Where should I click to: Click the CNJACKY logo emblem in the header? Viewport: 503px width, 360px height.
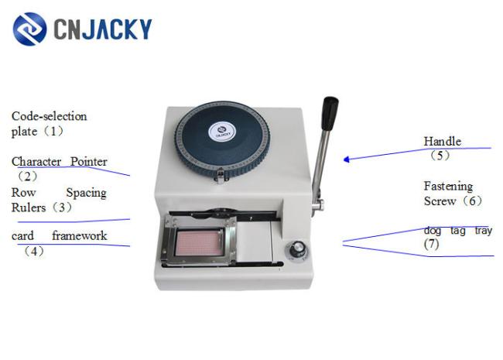pos(29,29)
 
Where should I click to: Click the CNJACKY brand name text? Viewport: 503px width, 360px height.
pos(103,29)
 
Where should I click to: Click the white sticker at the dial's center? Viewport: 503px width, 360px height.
pos(222,131)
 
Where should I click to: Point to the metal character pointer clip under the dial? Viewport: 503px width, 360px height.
pos(221,177)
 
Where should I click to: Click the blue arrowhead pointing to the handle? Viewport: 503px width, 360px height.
pos(347,159)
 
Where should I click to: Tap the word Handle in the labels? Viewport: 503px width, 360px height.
pos(443,141)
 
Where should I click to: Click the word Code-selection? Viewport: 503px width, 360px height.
pos(49,116)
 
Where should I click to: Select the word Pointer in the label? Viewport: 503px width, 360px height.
pos(88,161)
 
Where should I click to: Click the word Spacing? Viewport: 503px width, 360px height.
pos(87,193)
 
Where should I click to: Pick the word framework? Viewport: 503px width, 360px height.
pos(79,236)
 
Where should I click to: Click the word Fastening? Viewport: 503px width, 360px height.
pos(448,187)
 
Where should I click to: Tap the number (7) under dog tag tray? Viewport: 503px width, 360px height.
pos(431,244)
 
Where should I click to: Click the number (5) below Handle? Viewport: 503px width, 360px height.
pos(440,156)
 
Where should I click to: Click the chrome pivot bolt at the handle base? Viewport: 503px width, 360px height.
pos(319,205)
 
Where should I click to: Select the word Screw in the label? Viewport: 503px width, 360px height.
pos(440,201)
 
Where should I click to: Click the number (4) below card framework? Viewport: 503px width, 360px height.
pos(34,252)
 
